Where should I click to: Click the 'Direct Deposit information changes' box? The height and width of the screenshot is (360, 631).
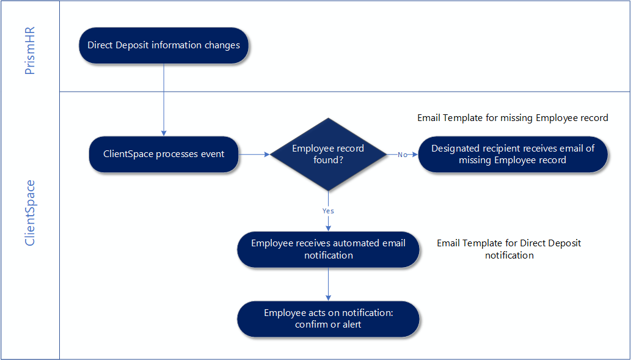coord(164,45)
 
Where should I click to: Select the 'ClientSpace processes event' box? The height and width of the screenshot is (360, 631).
coord(164,154)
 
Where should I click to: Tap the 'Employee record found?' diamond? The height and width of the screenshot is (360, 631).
coord(328,154)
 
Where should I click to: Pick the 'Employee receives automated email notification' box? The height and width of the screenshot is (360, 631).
coord(328,249)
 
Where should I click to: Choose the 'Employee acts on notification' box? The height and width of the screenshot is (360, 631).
coord(328,318)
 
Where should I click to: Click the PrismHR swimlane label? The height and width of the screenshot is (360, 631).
coord(30,51)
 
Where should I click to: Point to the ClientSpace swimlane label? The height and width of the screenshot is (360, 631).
coord(30,212)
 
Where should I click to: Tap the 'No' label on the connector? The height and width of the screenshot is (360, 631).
coord(403,155)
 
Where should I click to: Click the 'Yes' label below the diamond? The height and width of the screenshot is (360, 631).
coord(328,211)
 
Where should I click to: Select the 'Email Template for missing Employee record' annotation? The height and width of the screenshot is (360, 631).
coord(512,117)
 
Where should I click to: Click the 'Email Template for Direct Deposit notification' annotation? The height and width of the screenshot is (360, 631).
coord(509,249)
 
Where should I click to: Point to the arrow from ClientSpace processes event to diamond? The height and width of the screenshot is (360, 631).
coord(254,155)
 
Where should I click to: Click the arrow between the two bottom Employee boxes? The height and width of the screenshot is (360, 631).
coord(329,284)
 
